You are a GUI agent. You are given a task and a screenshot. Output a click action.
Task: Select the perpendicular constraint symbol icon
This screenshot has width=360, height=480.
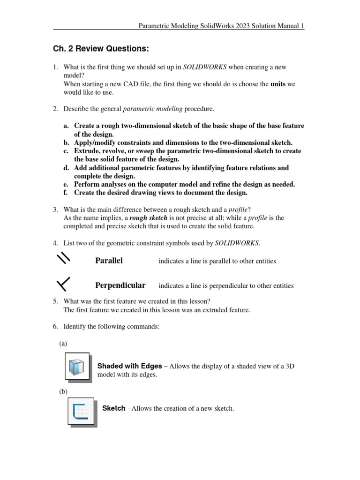(63, 284)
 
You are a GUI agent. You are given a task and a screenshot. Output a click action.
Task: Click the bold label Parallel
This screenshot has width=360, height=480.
(109, 261)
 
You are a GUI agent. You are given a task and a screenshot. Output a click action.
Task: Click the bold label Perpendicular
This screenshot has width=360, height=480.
(120, 285)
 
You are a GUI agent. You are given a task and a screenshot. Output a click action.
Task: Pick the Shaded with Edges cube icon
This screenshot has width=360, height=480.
(76, 366)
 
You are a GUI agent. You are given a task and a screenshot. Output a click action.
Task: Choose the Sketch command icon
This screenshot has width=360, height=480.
(80, 411)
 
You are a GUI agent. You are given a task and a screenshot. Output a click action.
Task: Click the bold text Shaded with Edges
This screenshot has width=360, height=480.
(129, 366)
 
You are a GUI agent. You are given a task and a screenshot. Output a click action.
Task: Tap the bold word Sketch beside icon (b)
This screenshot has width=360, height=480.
(113, 408)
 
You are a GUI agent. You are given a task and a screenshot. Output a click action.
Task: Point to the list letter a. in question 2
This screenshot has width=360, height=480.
(66, 126)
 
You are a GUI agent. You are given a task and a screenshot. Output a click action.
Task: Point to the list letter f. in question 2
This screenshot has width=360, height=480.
(66, 193)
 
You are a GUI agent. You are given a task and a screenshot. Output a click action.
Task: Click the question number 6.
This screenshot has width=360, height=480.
(55, 327)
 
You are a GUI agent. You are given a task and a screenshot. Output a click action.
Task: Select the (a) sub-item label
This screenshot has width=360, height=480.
(63, 344)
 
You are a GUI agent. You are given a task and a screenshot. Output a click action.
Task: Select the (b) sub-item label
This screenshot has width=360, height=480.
(63, 391)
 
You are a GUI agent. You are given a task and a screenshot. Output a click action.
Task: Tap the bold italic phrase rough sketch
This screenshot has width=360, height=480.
(148, 218)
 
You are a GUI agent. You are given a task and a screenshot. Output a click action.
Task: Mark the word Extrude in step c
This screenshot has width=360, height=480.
(87, 151)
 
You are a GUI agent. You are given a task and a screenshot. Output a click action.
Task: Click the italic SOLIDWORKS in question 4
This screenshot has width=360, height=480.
(237, 242)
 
